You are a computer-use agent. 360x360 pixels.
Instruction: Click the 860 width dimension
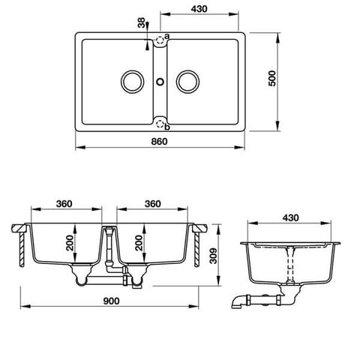pyautogui.click(x=160, y=140)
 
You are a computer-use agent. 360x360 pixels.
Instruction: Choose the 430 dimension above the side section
pyautogui.click(x=292, y=217)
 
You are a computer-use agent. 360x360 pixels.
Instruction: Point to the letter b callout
pyautogui.click(x=167, y=127)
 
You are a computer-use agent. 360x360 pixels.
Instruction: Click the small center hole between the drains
pyautogui.click(x=160, y=80)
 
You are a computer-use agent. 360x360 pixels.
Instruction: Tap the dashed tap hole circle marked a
pyautogui.click(x=160, y=40)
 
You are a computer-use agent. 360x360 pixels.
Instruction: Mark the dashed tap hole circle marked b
pyautogui.click(x=160, y=121)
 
